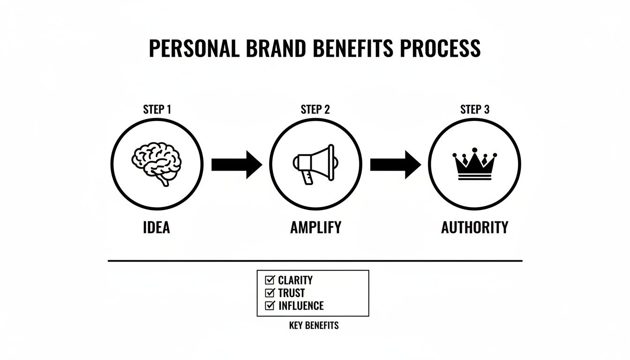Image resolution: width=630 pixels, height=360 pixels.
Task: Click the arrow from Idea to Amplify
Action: tap(236, 165)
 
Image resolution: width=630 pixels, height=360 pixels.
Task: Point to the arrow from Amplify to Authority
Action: tap(395, 165)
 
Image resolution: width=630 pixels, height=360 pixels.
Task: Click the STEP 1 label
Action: tap(157, 110)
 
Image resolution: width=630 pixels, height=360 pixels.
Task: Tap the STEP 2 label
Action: tap(315, 110)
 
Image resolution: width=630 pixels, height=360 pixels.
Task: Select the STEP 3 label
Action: tap(474, 110)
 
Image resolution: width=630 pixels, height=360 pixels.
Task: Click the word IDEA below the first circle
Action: tap(157, 228)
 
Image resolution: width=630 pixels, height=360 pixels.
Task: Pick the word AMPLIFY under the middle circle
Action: tap(315, 228)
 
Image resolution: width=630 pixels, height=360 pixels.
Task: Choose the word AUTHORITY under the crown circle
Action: tap(474, 228)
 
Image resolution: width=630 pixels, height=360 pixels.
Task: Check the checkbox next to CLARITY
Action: tap(270, 280)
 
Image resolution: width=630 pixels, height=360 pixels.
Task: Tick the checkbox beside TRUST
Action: tap(270, 293)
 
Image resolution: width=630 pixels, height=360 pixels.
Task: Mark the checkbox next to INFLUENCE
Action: tap(270, 306)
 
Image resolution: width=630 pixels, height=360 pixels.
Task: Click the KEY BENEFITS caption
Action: tap(314, 325)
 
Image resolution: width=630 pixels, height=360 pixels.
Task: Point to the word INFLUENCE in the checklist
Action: tap(301, 306)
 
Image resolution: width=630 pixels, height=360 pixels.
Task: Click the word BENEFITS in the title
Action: tap(356, 49)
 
